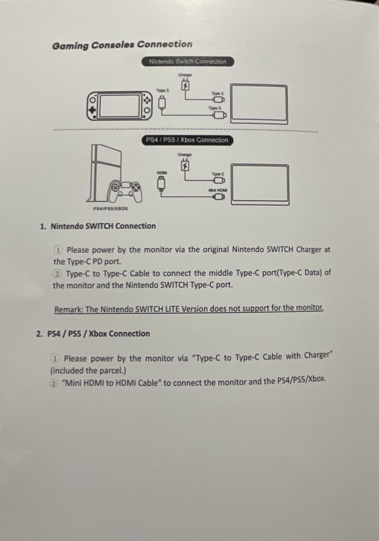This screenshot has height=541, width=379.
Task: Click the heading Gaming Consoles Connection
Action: (122, 45)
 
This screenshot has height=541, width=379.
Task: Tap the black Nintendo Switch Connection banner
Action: (188, 62)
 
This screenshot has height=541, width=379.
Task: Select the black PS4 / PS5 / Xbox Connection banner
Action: (187, 140)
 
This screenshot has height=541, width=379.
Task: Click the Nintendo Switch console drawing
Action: (119, 106)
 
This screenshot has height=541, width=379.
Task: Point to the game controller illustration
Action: (125, 192)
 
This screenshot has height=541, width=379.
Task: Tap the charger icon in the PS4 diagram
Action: (185, 165)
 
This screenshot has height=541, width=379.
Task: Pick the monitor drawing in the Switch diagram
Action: (259, 104)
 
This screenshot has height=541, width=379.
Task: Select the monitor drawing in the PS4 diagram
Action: (260, 184)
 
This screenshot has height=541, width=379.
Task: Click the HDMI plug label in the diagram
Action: (162, 173)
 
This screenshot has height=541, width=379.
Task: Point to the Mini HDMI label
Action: (218, 190)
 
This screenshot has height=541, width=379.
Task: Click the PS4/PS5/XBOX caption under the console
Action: (110, 209)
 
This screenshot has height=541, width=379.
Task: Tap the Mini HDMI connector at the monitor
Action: (219, 197)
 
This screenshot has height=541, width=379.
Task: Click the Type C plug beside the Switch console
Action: (162, 102)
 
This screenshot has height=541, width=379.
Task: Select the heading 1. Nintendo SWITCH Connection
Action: (98, 226)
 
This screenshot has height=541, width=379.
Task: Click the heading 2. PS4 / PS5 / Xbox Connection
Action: (93, 334)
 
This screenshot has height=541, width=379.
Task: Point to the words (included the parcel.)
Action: (88, 371)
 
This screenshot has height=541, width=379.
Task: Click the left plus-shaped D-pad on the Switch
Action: (92, 110)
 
